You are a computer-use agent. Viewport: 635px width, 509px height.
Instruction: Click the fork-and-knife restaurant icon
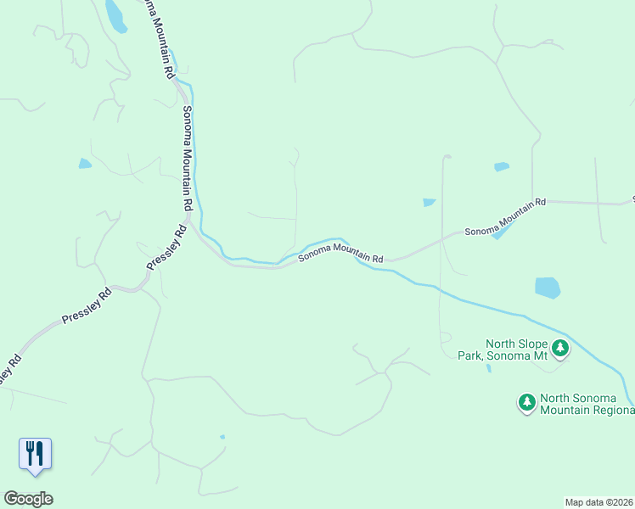[35, 452]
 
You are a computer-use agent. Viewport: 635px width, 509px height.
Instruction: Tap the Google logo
[28, 499]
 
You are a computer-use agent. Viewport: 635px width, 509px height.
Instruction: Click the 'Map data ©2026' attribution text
[598, 502]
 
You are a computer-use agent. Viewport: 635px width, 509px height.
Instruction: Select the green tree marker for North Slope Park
[560, 347]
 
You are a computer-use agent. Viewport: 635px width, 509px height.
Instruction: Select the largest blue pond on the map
[548, 288]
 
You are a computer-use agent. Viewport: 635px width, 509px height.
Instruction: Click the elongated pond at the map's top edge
[115, 15]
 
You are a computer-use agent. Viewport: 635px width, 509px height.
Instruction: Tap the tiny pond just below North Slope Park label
[489, 369]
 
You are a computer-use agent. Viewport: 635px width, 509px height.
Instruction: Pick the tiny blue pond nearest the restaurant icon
[222, 437]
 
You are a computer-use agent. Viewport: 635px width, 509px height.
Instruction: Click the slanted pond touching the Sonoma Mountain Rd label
[503, 228]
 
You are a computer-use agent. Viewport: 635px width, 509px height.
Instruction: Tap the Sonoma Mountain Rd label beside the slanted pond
[504, 217]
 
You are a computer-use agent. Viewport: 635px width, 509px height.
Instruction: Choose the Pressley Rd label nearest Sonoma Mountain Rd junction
[166, 248]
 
